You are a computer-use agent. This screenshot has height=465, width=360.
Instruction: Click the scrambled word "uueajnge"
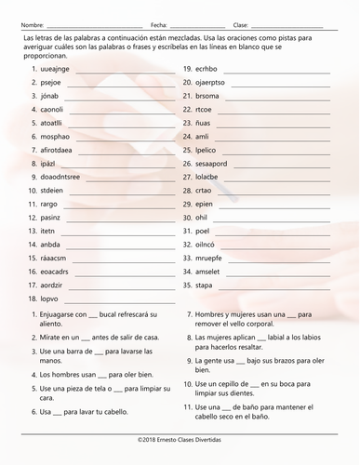pyautogui.click(x=56, y=69)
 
